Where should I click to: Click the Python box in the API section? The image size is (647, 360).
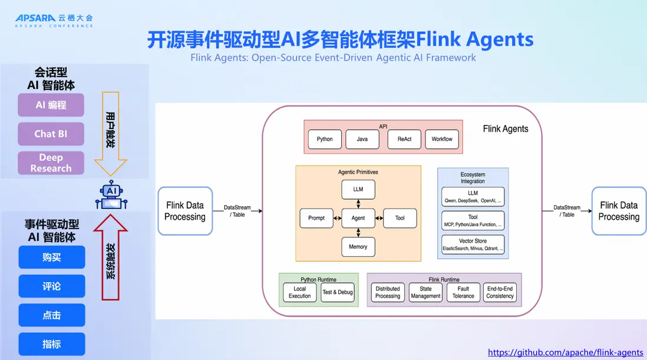(x=325, y=139)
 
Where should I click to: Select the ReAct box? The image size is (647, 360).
(x=404, y=139)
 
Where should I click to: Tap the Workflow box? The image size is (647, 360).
(x=442, y=139)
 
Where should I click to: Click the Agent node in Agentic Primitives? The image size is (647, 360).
(x=358, y=218)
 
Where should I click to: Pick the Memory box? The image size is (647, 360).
(x=358, y=247)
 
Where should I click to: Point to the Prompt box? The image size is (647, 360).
(x=316, y=218)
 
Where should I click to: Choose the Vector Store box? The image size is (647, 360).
(x=473, y=245)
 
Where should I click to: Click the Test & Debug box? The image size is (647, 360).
(x=338, y=292)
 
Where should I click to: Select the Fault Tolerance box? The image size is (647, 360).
(x=463, y=292)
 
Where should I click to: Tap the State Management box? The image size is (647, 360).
(x=425, y=292)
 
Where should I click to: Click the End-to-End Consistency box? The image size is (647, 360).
(x=500, y=292)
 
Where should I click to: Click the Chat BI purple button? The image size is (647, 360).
(x=51, y=134)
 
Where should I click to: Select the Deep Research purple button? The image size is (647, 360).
(x=51, y=163)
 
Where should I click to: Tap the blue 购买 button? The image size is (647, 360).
(x=52, y=257)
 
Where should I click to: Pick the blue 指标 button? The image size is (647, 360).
(x=52, y=344)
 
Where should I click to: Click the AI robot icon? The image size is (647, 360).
(x=111, y=195)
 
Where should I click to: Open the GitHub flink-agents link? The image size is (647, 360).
(x=566, y=352)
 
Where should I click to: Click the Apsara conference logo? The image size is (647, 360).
(x=54, y=21)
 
